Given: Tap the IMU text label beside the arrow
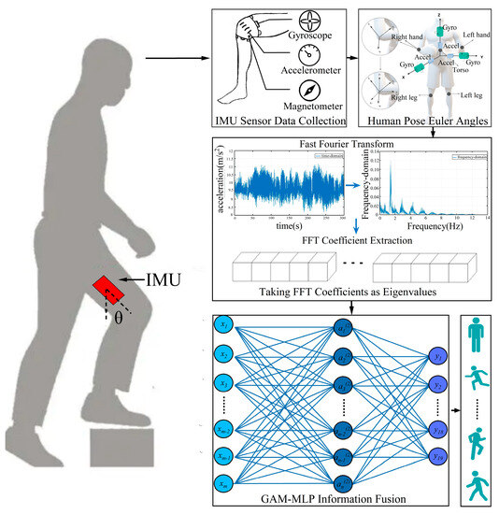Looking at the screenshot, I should [x=171, y=278].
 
